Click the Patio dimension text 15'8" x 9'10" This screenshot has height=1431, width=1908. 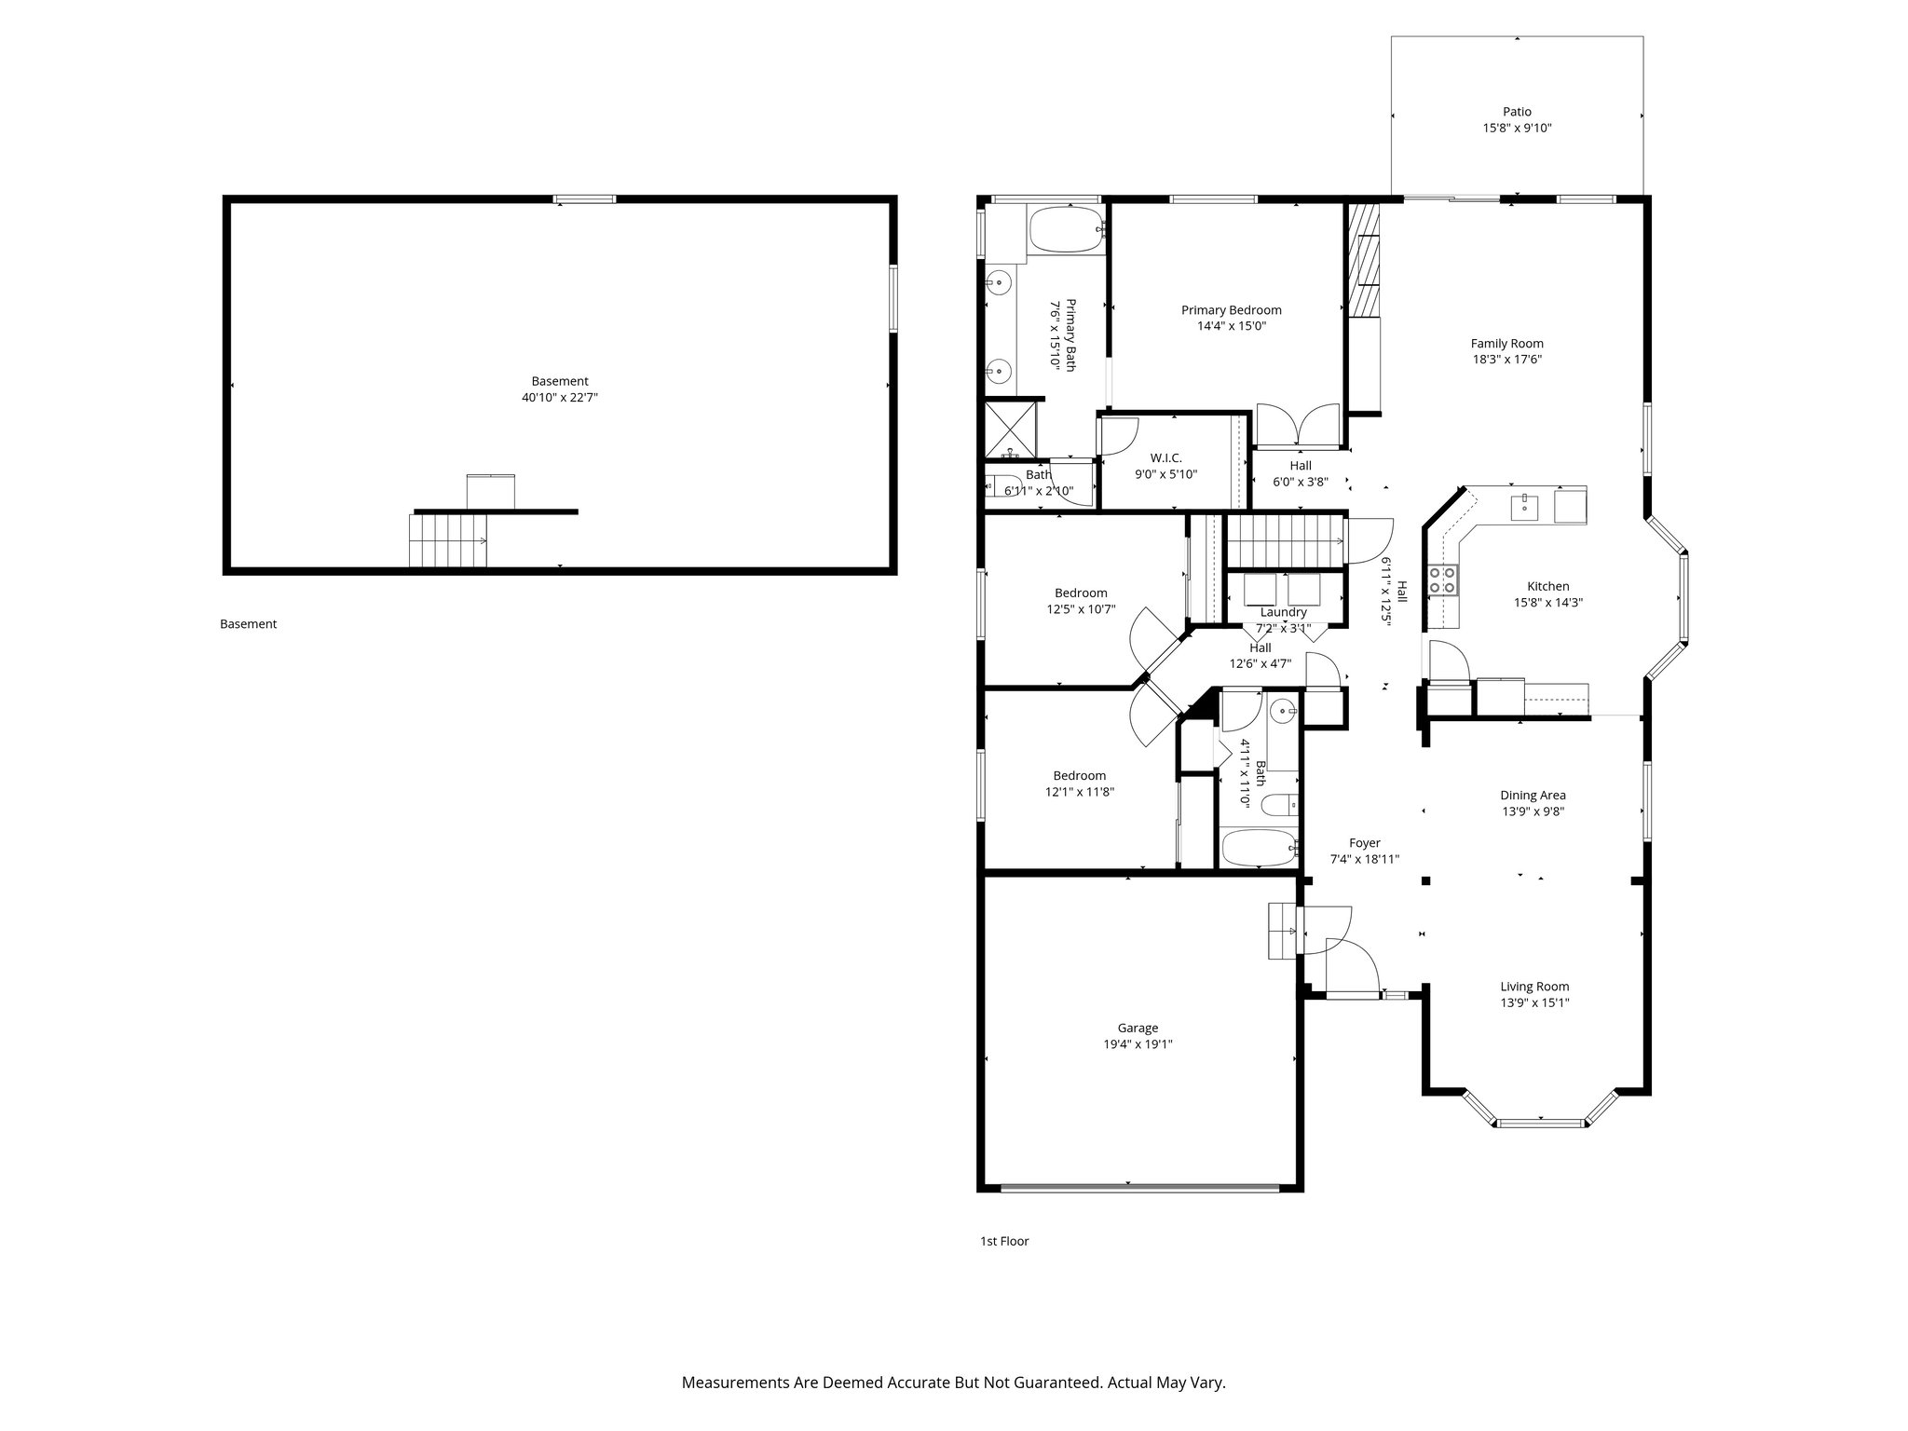tap(1517, 129)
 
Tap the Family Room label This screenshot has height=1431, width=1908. tap(1506, 344)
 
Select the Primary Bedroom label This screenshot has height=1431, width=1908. tap(1231, 310)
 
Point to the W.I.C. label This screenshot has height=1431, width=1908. tap(1165, 457)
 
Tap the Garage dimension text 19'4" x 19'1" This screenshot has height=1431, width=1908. tap(1138, 1044)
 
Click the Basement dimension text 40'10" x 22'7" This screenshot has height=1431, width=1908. tap(559, 398)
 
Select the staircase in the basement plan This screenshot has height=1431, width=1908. tap(448, 540)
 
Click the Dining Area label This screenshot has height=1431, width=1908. tap(1533, 796)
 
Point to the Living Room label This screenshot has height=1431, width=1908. tap(1533, 987)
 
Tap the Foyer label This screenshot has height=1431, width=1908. tap(1364, 843)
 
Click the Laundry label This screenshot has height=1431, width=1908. tap(1283, 612)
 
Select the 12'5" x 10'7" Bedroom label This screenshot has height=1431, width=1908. tap(1081, 593)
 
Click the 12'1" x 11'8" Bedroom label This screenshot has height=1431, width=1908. tap(1079, 776)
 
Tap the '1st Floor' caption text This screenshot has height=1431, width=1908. tap(1004, 1241)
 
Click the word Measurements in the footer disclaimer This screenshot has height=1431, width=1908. tap(736, 1383)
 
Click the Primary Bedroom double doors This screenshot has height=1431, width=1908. tap(1298, 427)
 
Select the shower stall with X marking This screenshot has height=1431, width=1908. tap(1011, 429)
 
